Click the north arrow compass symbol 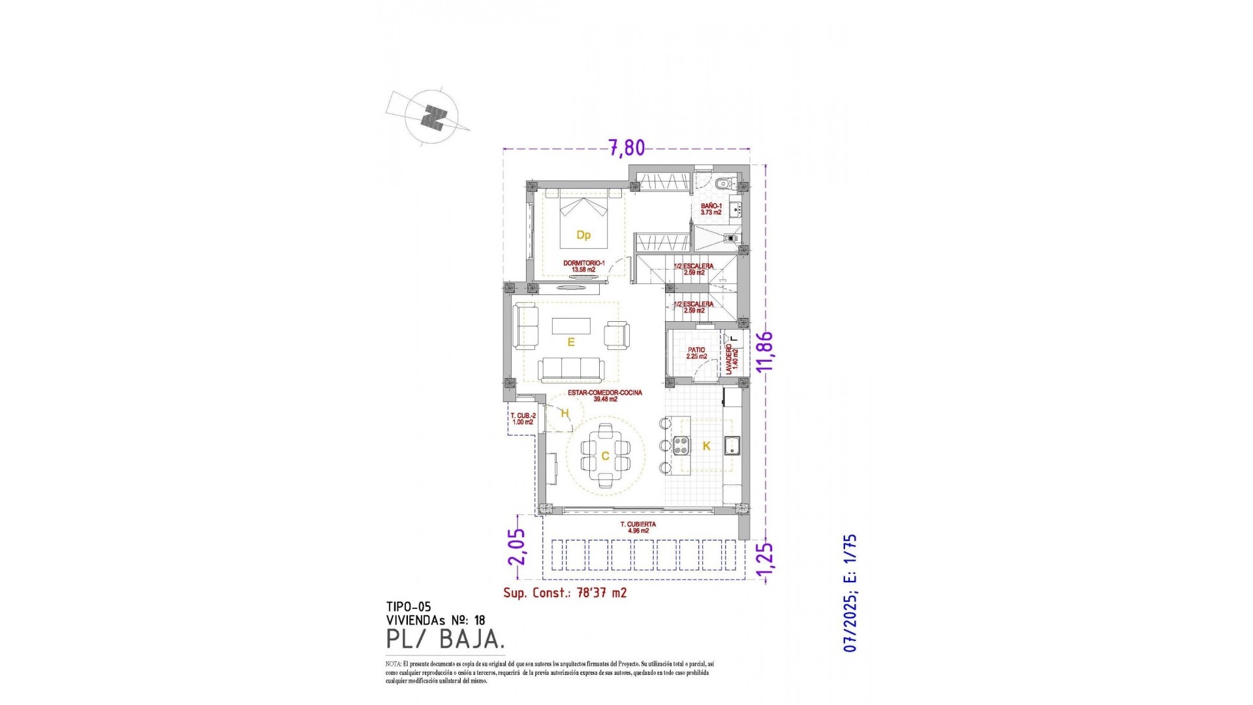pyautogui.click(x=431, y=117)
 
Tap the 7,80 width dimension pyautogui.click(x=626, y=148)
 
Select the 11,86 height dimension pyautogui.click(x=764, y=351)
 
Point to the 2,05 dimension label pyautogui.click(x=517, y=546)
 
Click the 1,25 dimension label pyautogui.click(x=765, y=560)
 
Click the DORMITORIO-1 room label pyautogui.click(x=583, y=266)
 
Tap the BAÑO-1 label pyautogui.click(x=711, y=209)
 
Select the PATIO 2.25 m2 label pyautogui.click(x=696, y=353)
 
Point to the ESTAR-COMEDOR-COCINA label pyautogui.click(x=605, y=396)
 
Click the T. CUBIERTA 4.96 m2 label pyautogui.click(x=638, y=527)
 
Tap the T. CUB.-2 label pyautogui.click(x=523, y=418)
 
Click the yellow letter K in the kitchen pyautogui.click(x=706, y=446)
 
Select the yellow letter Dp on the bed pyautogui.click(x=583, y=235)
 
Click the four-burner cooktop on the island pyautogui.click(x=681, y=445)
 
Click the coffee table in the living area pyautogui.click(x=571, y=326)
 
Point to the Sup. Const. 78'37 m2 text pyautogui.click(x=565, y=593)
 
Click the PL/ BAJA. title pyautogui.click(x=445, y=639)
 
